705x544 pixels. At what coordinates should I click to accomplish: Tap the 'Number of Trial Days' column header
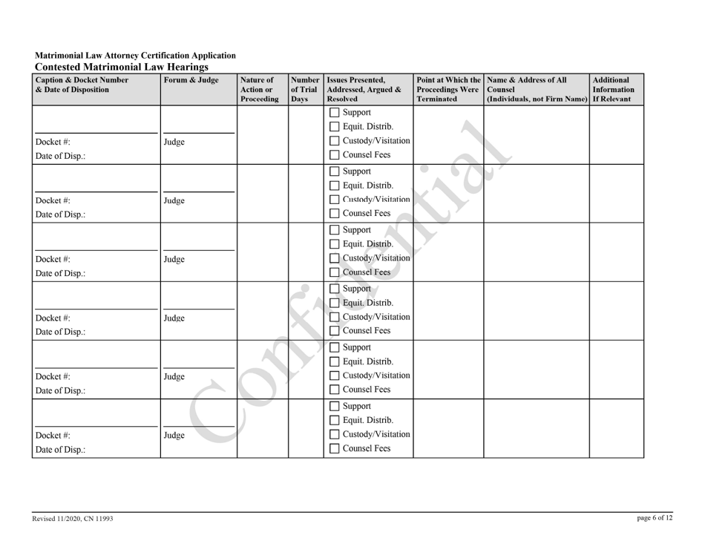pyautogui.click(x=304, y=88)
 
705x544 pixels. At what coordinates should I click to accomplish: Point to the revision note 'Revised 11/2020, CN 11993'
pyautogui.click(x=72, y=518)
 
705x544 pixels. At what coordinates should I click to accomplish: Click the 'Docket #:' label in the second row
pyautogui.click(x=52, y=200)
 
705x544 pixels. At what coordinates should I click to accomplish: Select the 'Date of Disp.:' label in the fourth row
pyautogui.click(x=57, y=332)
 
